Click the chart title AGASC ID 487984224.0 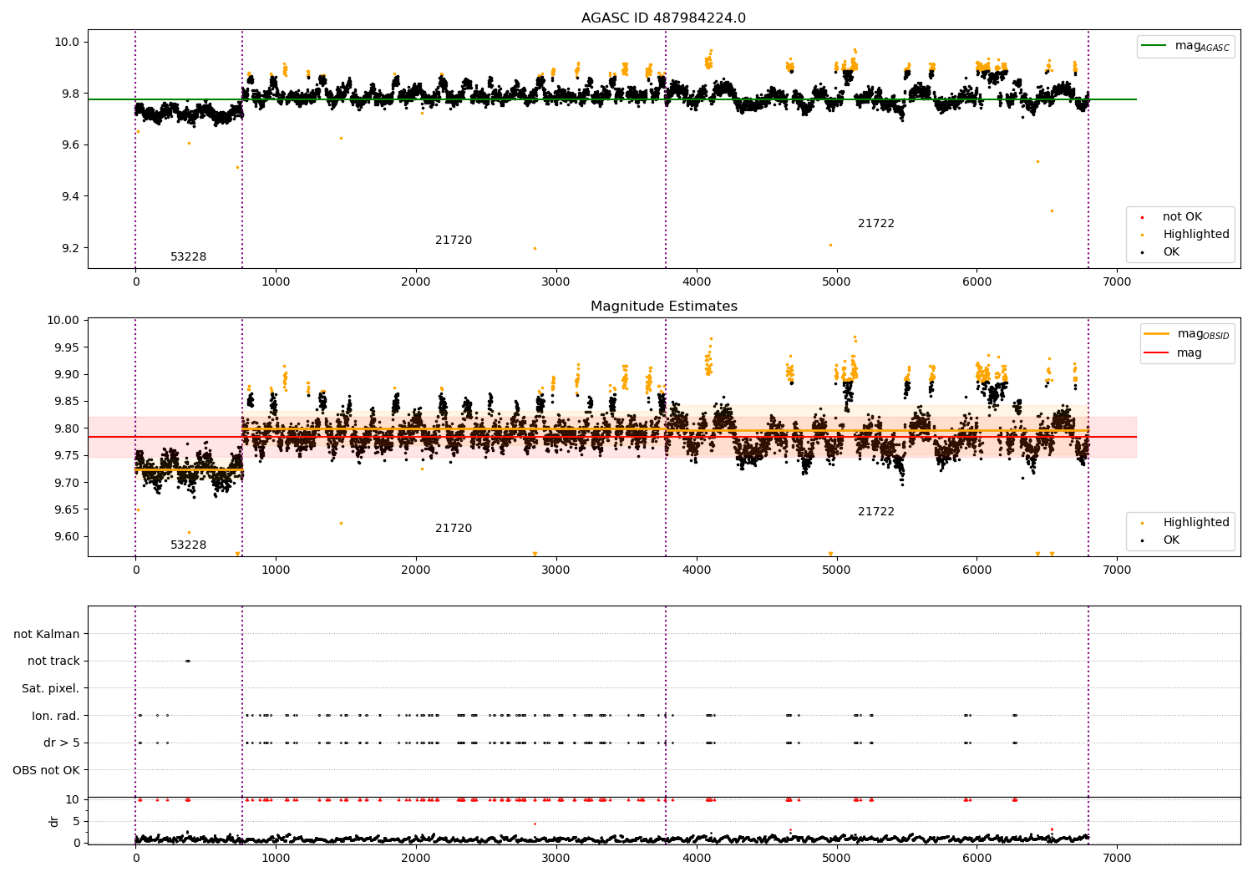click(x=663, y=18)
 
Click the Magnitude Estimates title click(x=663, y=307)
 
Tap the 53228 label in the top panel click(x=188, y=257)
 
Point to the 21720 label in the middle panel click(x=454, y=529)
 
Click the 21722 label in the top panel click(x=875, y=224)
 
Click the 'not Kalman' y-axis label click(x=47, y=634)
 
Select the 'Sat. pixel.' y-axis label click(x=50, y=688)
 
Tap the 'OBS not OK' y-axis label click(x=46, y=770)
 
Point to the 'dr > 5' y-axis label click(x=61, y=743)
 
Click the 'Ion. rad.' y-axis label click(x=55, y=716)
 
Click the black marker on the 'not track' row click(x=187, y=661)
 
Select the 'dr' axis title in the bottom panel click(x=54, y=821)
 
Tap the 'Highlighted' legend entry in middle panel click(x=1195, y=523)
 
